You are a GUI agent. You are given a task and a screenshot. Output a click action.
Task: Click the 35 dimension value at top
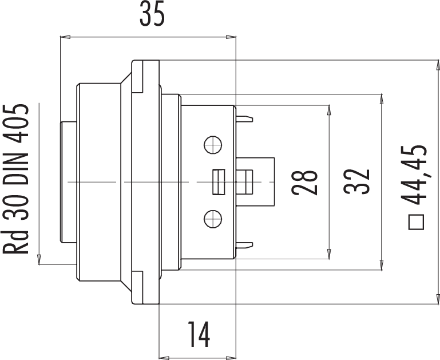pyautogui.click(x=152, y=16)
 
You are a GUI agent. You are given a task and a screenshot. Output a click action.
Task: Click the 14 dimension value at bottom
pyautogui.click(x=197, y=334)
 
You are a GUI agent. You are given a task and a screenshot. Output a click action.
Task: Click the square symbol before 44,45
pyautogui.click(x=416, y=222)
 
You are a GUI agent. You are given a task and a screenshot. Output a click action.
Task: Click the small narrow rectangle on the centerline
pyautogui.click(x=217, y=182)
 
